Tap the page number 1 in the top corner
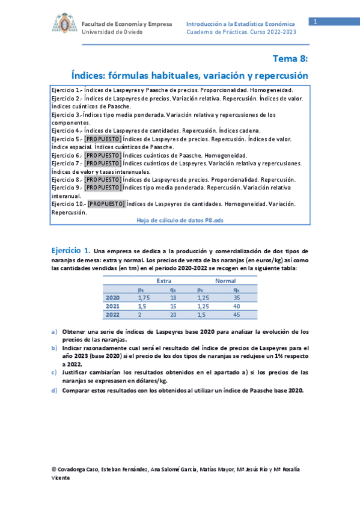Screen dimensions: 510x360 (x=313, y=22)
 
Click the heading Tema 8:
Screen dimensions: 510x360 (x=290, y=58)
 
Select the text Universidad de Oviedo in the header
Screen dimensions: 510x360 (x=112, y=32)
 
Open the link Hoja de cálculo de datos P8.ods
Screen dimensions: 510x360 (x=180, y=221)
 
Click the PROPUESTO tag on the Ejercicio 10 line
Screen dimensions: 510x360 (x=106, y=204)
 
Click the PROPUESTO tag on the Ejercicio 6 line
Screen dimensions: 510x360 (x=103, y=155)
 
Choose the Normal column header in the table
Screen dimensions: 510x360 (x=225, y=280)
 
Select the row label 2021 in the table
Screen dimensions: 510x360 (x=112, y=306)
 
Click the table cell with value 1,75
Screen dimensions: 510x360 (x=143, y=297)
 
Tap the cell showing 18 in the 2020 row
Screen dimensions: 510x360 (x=173, y=297)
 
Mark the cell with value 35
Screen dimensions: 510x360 (x=237, y=297)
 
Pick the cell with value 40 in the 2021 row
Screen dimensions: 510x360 (x=237, y=306)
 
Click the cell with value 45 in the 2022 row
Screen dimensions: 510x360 (x=237, y=315)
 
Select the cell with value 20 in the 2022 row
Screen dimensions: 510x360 (x=173, y=315)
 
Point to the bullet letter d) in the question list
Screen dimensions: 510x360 (x=55, y=390)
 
